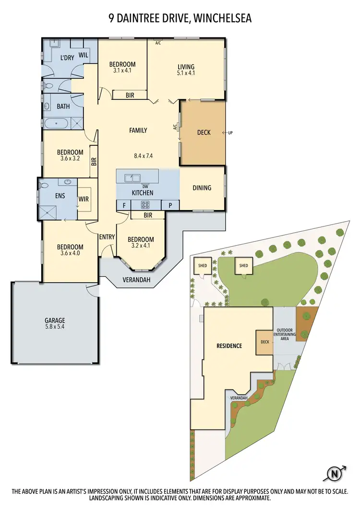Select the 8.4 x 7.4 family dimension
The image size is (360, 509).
[146, 155]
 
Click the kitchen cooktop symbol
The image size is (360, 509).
[144, 205]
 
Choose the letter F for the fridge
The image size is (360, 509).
[124, 205]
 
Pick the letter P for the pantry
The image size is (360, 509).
[170, 205]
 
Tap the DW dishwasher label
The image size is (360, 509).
[144, 186]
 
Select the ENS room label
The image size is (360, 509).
[60, 196]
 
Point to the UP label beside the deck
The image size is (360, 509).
[230, 133]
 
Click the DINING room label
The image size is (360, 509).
[202, 188]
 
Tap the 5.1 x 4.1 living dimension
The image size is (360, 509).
[185, 73]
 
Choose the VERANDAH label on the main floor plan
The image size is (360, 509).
[135, 279]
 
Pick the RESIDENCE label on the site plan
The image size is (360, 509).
[229, 345]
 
